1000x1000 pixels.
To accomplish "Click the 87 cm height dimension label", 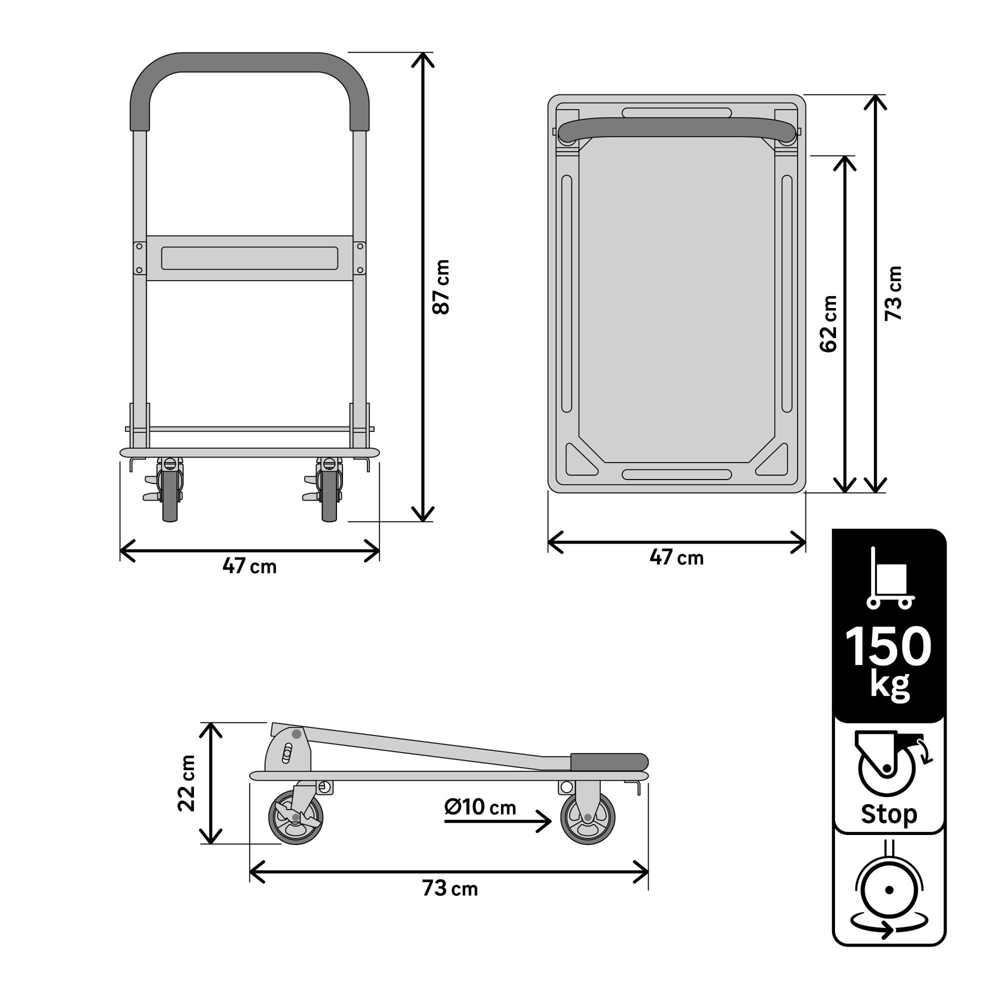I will pos(441,287).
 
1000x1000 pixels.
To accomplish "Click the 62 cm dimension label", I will pos(828,324).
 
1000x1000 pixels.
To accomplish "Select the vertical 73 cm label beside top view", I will pos(893,293).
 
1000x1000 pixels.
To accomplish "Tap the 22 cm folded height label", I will pos(186,783).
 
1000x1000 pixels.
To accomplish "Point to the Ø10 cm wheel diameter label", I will pos(480,807).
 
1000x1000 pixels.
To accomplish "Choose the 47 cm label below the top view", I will pos(676,557).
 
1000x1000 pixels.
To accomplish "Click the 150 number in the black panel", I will pos(888,647).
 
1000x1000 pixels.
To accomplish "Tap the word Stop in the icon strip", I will pos(888,813).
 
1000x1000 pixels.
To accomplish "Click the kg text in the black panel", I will pos(889,685).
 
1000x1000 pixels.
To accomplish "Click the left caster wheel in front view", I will pos(170,495).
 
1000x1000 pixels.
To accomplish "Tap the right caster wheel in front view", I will pos(329,495).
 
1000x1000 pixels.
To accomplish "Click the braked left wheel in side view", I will pos(295,817).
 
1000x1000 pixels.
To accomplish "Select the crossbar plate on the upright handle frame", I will pos(249,258).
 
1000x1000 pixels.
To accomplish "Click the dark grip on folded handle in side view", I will pos(608,762).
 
